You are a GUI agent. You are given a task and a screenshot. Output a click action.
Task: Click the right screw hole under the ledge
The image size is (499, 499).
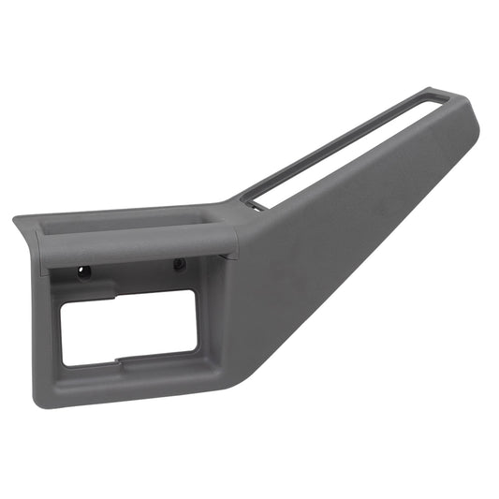[178, 266]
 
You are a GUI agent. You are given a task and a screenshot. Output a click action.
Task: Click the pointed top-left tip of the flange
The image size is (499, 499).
[16, 219]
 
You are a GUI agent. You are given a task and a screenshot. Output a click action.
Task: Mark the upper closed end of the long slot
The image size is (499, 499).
[433, 97]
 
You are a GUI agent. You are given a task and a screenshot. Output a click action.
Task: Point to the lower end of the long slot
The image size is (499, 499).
[250, 199]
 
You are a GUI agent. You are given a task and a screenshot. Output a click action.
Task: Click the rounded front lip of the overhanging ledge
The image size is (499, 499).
[140, 246]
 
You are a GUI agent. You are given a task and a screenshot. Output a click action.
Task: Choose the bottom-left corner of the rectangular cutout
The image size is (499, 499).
[64, 362]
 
